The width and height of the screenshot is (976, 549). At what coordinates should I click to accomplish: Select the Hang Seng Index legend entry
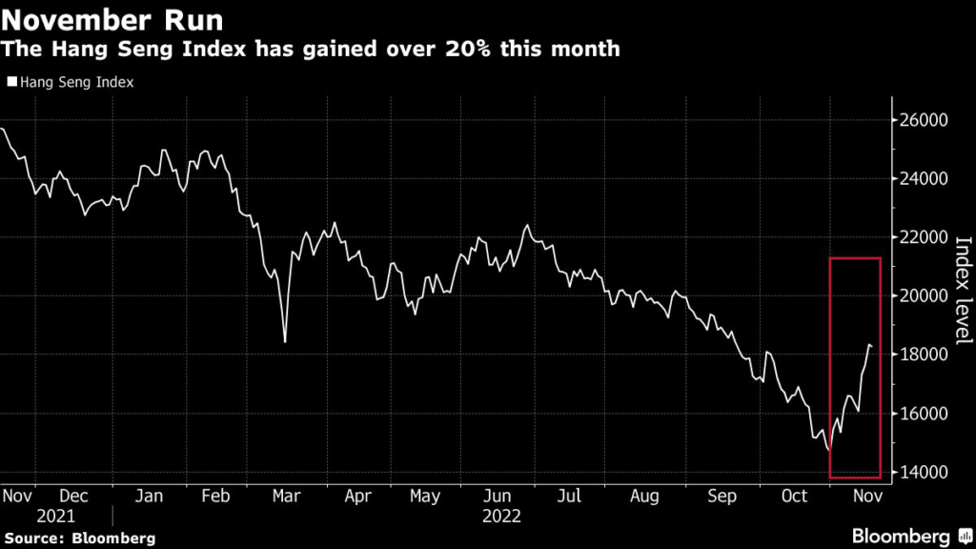(x=71, y=82)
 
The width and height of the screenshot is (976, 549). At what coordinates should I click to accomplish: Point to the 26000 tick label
(x=924, y=120)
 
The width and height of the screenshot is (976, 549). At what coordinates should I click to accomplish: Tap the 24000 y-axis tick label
(x=924, y=179)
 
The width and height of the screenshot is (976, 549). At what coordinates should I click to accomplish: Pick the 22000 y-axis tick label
(x=924, y=237)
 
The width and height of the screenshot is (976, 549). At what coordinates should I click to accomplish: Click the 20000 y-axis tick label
(x=924, y=296)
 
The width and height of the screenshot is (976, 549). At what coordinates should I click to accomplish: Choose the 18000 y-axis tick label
(x=924, y=355)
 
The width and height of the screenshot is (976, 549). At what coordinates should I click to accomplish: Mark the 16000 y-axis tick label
(x=924, y=414)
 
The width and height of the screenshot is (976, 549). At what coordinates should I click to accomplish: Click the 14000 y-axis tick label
(x=924, y=473)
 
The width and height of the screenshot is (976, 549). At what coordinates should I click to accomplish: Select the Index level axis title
(x=962, y=291)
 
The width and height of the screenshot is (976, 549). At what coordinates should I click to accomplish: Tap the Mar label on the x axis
(x=286, y=497)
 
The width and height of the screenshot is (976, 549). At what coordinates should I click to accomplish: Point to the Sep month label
(x=721, y=497)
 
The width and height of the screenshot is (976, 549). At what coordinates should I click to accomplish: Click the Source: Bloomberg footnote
(x=79, y=539)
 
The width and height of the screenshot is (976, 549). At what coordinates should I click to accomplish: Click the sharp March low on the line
(x=285, y=340)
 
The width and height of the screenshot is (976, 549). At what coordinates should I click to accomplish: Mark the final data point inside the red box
(x=871, y=346)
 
